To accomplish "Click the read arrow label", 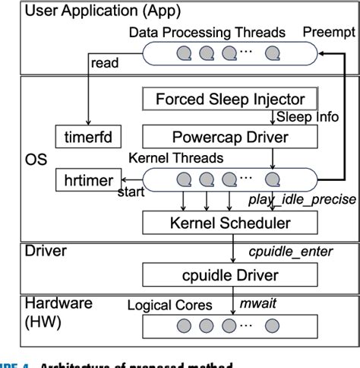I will (103, 64).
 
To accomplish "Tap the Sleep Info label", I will (305, 118).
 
